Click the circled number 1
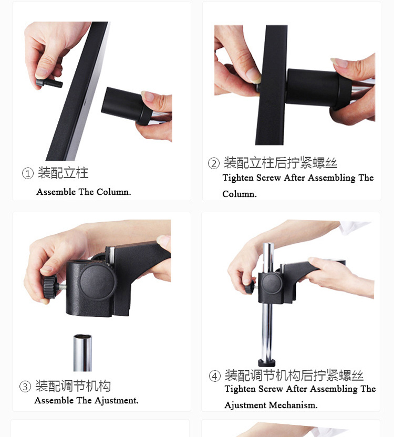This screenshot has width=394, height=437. pyautogui.click(x=27, y=174)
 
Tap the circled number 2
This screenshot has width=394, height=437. pyautogui.click(x=213, y=164)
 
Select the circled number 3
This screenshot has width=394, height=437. pyautogui.click(x=25, y=388)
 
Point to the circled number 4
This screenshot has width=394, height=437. pyautogui.click(x=214, y=376)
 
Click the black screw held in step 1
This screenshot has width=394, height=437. pyautogui.click(x=49, y=83)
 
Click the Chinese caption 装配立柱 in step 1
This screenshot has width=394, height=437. pyautogui.click(x=63, y=173)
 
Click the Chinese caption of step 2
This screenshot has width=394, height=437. pyautogui.click(x=280, y=163)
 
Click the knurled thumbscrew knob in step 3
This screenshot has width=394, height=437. pyautogui.click(x=49, y=286)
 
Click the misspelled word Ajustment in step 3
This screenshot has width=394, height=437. pyautogui.click(x=108, y=401)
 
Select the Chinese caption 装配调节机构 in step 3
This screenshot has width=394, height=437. pyautogui.click(x=73, y=387)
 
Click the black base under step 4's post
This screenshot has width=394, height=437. pyautogui.click(x=267, y=362)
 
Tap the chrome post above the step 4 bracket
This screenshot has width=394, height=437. pyautogui.click(x=268, y=256)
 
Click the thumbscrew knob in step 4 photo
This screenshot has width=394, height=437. pyautogui.click(x=249, y=287)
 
